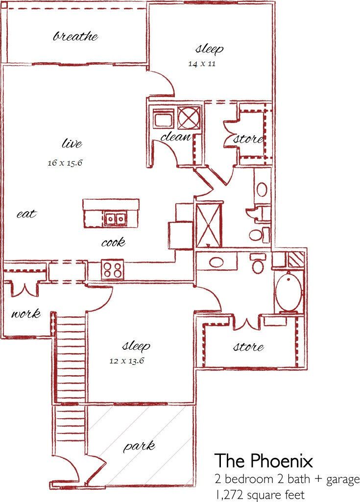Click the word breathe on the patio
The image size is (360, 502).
pos(75,36)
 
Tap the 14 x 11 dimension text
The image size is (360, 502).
pos(202,64)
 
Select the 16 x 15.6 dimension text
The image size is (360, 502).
pos(64,163)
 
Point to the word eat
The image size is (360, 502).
pos(26,214)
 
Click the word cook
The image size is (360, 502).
pos(113,242)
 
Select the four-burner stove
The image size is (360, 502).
pos(113,270)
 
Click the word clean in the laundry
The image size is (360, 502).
pos(175,137)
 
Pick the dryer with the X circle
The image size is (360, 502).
pos(189,118)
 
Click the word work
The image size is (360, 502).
pos(26,313)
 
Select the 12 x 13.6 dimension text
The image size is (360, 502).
pos(126,361)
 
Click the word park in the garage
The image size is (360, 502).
pos(139,446)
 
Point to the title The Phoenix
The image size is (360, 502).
pos(264,461)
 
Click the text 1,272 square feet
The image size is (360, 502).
pos(259,494)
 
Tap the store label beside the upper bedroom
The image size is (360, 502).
pos(248,139)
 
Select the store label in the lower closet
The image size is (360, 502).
pos(248,347)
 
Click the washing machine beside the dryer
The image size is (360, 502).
pos(163,119)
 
